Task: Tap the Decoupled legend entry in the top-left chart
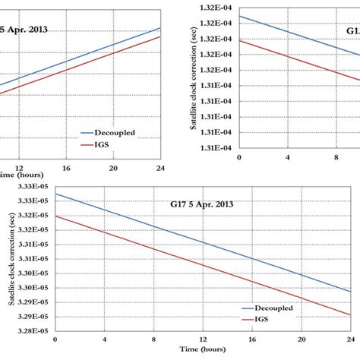pyautogui.click(x=106, y=131)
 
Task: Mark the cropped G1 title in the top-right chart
pyautogui.click(x=352, y=32)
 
